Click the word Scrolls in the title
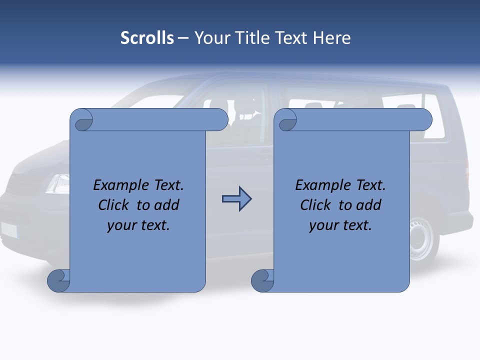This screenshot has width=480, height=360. click(x=147, y=38)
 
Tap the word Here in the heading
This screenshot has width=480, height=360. click(x=332, y=38)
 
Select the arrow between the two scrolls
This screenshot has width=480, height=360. click(x=236, y=199)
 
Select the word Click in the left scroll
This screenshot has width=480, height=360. click(x=114, y=205)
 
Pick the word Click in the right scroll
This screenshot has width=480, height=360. click(x=316, y=205)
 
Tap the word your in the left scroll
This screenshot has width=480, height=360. click(x=121, y=225)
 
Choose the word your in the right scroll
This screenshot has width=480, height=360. click(x=323, y=225)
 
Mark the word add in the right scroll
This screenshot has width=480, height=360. click(x=369, y=205)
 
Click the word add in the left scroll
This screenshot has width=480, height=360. click(x=167, y=205)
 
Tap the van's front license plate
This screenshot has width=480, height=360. click(x=9, y=229)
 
